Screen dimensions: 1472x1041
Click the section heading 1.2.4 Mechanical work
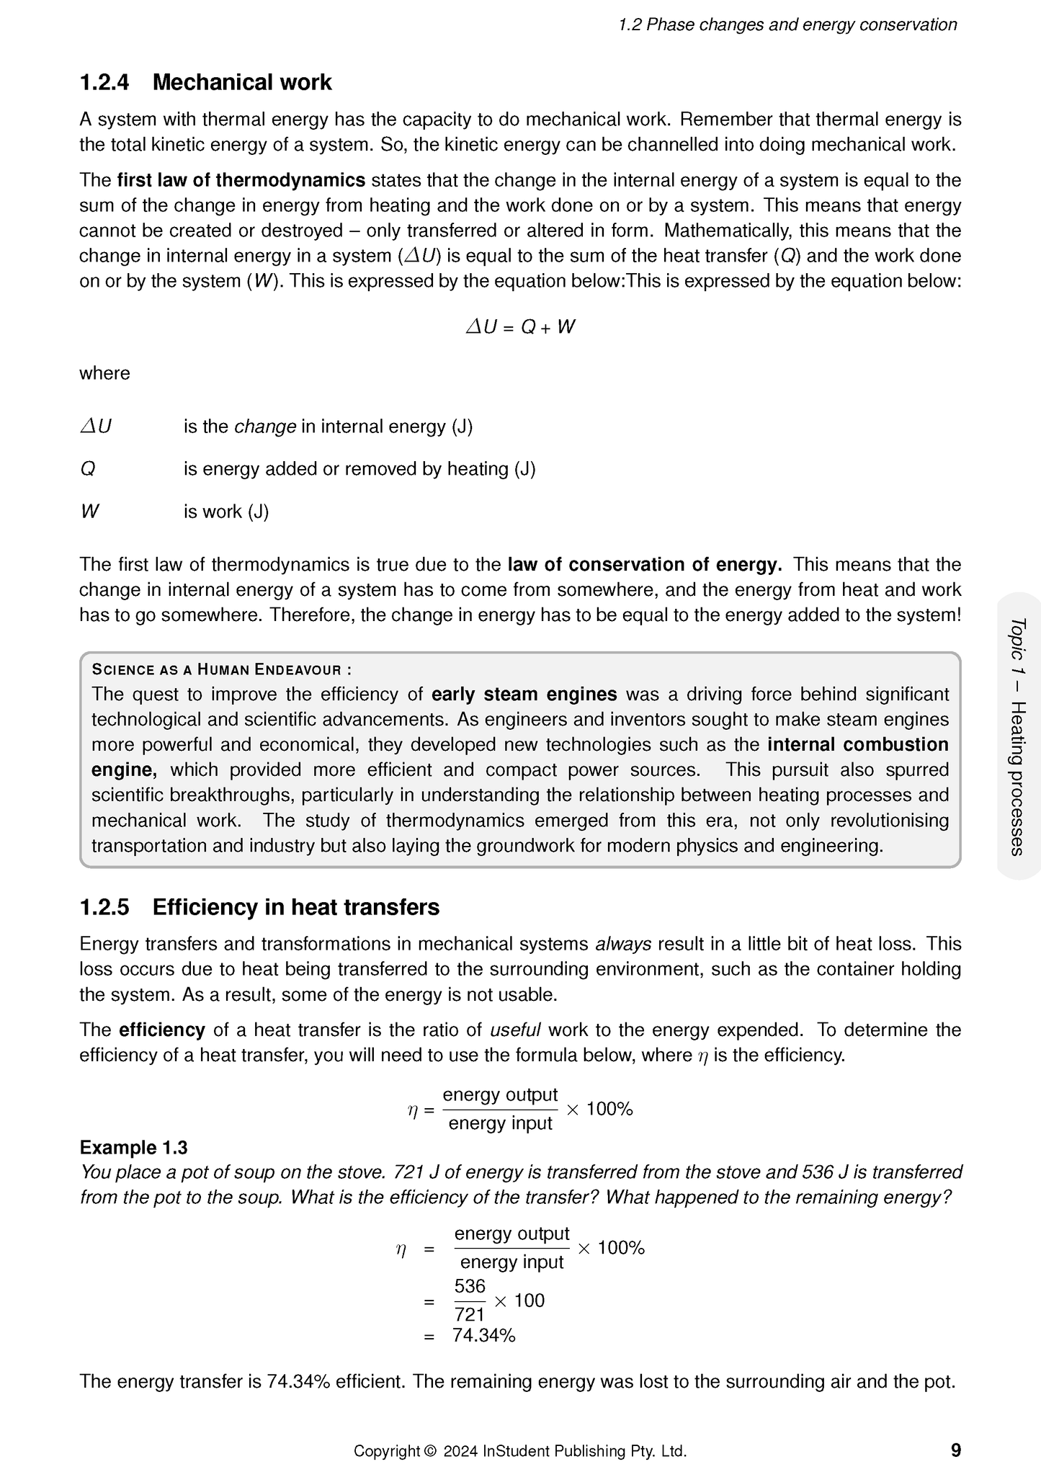pos(205,82)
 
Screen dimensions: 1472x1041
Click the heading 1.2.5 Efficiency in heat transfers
pos(259,906)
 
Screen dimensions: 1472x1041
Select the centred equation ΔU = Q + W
pos(520,327)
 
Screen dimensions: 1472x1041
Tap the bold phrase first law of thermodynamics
pos(241,180)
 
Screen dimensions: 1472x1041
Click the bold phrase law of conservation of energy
pos(644,564)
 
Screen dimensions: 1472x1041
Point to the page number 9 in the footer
pos(955,1450)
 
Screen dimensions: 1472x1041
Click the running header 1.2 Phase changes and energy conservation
pos(787,24)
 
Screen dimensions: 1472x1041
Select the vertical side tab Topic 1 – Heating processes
pos(1017,736)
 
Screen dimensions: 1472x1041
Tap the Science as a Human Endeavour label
pos(221,669)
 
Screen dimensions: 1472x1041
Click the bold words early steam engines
pos(524,694)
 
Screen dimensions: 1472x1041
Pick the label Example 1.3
pos(133,1147)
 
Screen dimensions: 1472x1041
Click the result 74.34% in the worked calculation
pos(483,1335)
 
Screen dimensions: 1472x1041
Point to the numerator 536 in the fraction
pos(470,1285)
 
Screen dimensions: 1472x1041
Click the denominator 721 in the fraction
pos(470,1314)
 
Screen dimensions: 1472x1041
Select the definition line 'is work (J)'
pos(226,512)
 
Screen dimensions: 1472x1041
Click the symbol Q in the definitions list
pos(87,469)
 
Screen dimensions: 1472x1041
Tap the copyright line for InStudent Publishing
pos(519,1450)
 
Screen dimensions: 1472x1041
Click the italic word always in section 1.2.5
pos(623,944)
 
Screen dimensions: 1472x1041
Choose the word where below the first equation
pos(104,373)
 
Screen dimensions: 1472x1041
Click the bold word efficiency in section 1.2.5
pos(162,1030)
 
